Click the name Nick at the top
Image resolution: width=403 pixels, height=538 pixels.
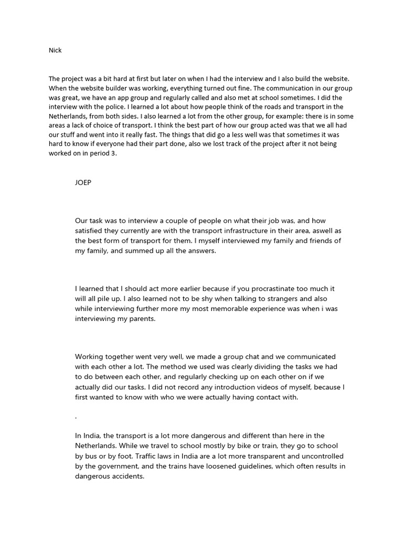55,50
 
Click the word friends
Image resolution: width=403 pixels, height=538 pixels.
313,241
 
